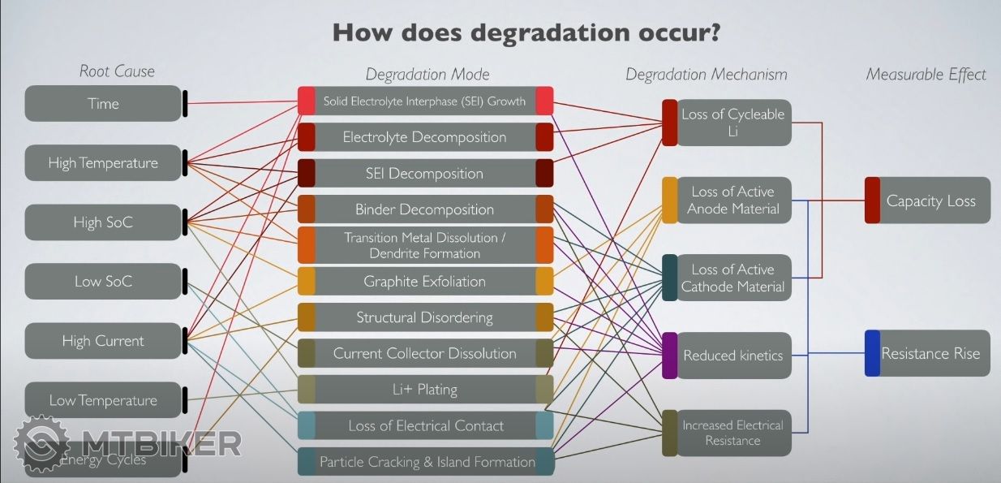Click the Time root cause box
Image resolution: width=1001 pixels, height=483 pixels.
point(103,104)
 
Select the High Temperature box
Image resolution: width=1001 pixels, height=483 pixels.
point(103,163)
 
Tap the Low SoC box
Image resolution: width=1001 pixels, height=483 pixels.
point(103,282)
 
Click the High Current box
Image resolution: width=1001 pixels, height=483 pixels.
point(103,341)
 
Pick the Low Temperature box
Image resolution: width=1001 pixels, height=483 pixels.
point(103,400)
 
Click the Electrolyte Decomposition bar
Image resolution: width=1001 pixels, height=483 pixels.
point(424,137)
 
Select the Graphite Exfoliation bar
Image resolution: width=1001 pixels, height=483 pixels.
point(424,282)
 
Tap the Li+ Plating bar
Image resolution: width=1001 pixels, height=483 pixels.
point(424,390)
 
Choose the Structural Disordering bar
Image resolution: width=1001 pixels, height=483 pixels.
point(424,317)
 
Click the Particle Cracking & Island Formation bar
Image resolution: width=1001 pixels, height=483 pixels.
point(427,462)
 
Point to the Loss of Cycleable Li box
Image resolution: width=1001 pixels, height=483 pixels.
point(732,123)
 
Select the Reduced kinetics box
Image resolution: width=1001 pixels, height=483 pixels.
point(732,356)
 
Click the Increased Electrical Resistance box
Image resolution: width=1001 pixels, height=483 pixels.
point(732,433)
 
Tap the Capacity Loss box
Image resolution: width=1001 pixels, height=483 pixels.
point(930,201)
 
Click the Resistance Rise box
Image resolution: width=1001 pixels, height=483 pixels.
point(930,354)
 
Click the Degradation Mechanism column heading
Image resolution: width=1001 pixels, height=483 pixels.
point(706,75)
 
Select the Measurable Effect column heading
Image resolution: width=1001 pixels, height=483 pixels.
point(926,75)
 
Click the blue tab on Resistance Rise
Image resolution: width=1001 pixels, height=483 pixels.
point(872,353)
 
